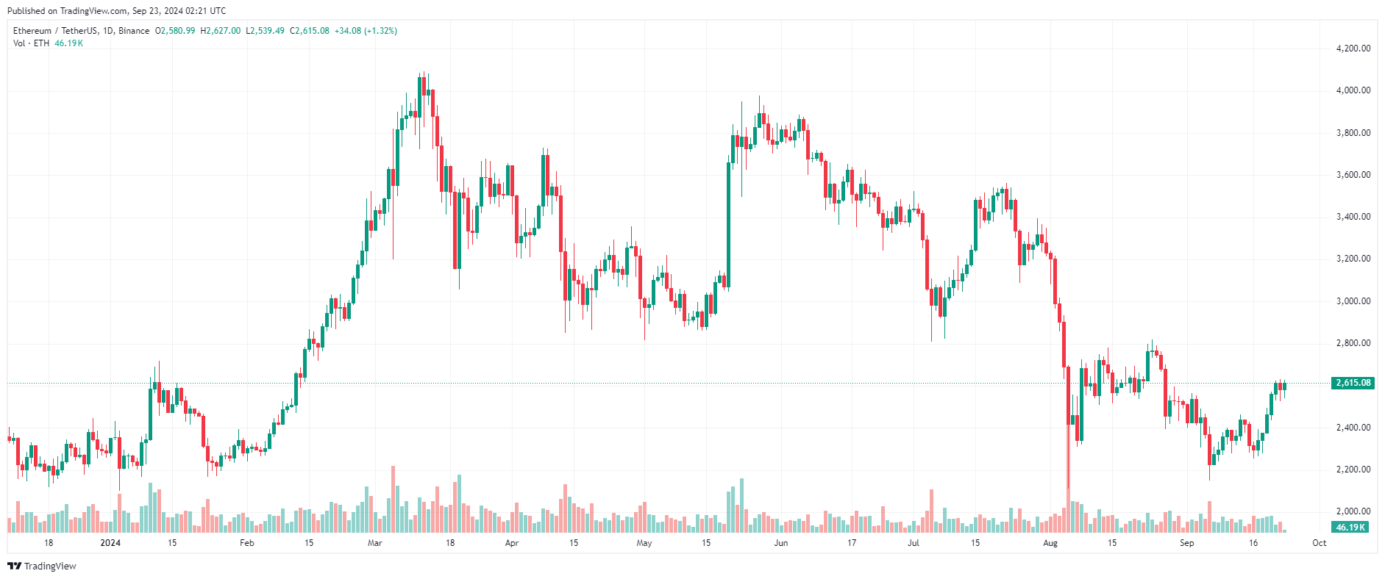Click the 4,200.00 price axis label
(x=1353, y=48)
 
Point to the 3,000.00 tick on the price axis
(x=1353, y=301)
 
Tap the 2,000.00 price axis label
(x=1353, y=511)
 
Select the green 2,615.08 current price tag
(x=1353, y=383)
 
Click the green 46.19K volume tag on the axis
(x=1350, y=528)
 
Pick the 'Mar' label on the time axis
(x=374, y=543)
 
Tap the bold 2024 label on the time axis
(x=110, y=543)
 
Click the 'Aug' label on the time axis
(x=1050, y=543)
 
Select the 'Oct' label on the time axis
(x=1320, y=543)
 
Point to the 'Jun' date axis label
(x=781, y=543)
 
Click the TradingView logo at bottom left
(x=42, y=566)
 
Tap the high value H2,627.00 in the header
(x=221, y=31)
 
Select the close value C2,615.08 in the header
(x=310, y=31)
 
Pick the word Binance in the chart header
(x=134, y=31)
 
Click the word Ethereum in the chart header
(x=32, y=31)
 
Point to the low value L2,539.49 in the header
(x=265, y=31)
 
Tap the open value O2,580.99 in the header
(x=175, y=31)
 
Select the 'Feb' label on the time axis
(x=247, y=543)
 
